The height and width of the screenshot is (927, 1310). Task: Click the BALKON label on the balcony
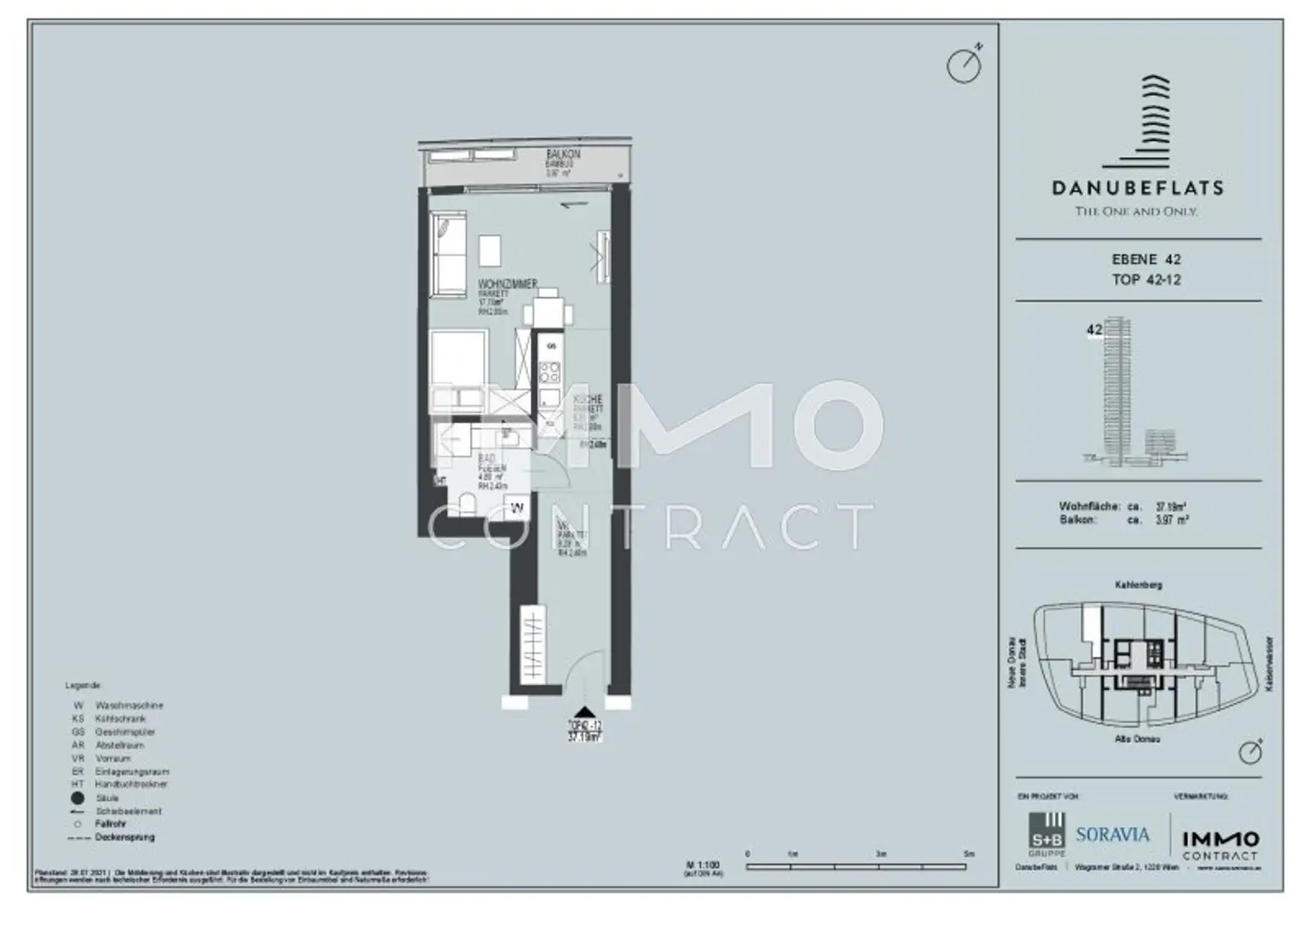pos(563,154)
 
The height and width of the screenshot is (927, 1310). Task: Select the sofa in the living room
pos(449,255)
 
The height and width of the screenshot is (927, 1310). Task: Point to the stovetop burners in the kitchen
pos(550,372)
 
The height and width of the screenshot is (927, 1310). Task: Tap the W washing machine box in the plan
pos(517,508)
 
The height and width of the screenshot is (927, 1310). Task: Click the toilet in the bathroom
pos(466,503)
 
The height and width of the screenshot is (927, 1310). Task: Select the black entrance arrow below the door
pos(585,713)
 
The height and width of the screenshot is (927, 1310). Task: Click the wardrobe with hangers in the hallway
pos(532,643)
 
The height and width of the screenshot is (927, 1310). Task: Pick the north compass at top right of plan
pos(965,66)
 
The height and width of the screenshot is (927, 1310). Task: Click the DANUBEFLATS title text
pos(1137,188)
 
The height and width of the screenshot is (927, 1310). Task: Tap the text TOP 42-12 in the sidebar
pos(1146,280)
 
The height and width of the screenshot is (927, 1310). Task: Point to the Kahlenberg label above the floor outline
pos(1138,585)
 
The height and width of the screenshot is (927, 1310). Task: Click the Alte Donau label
pos(1137,739)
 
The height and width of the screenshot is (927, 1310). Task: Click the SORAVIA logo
pos(1112,835)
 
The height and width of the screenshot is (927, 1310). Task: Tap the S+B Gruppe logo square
pos(1047,831)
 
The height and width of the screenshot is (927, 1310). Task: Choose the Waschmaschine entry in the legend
pos(129,705)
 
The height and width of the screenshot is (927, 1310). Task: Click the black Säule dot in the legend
pos(78,798)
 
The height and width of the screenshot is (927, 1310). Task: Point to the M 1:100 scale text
pos(703,865)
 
